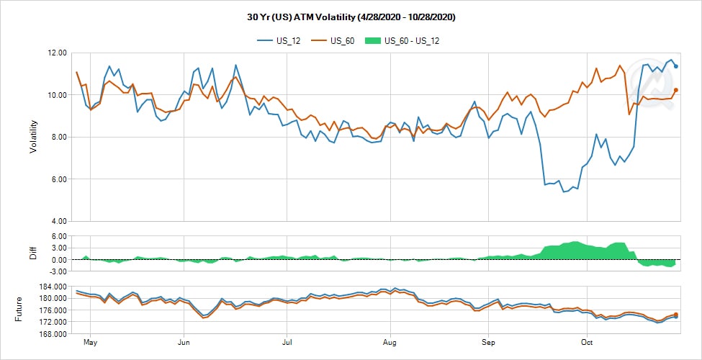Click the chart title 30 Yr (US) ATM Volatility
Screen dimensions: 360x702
coord(351,17)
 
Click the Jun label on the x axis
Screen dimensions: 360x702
coord(184,343)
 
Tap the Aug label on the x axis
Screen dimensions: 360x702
coord(390,343)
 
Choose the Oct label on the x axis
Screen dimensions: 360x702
coord(587,343)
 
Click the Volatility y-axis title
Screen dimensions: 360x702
coord(33,137)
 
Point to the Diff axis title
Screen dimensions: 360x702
coord(33,253)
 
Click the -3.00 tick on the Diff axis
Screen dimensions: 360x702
coord(57,271)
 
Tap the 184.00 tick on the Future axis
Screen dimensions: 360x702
coord(55,287)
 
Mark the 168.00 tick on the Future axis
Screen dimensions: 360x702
coord(55,334)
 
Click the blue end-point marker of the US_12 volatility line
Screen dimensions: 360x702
coord(676,66)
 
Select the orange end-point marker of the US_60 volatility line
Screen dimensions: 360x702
coord(676,90)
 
